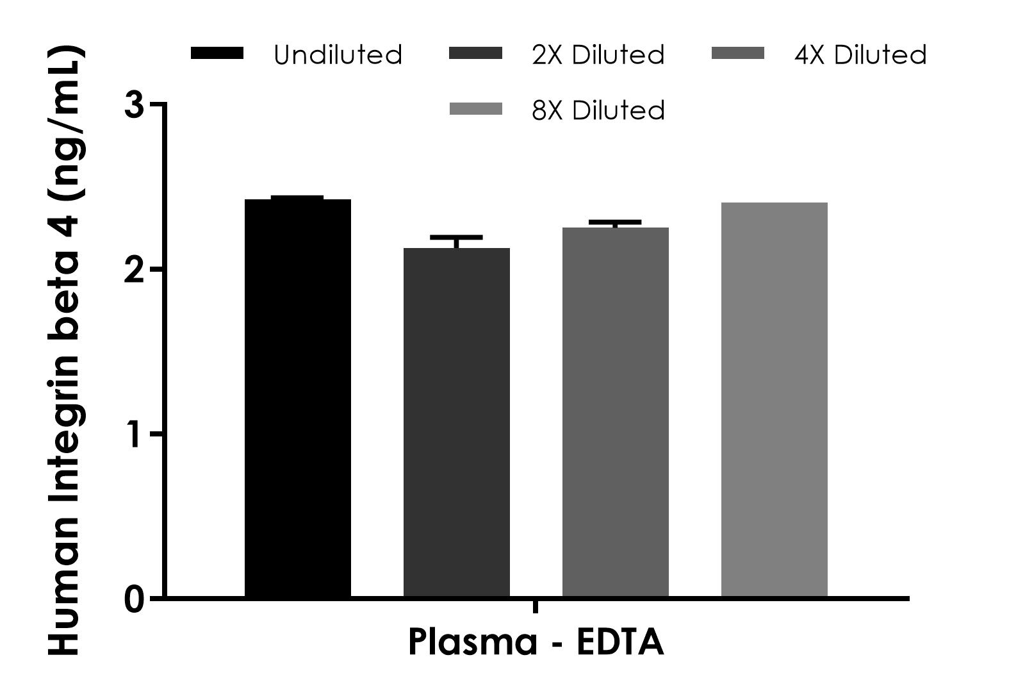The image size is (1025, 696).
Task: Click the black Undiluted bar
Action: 298,397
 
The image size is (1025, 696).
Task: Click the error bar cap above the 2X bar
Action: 456,237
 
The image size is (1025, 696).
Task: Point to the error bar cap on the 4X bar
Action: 615,222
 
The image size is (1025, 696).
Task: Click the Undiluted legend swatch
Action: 217,54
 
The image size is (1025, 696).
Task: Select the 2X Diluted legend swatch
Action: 476,54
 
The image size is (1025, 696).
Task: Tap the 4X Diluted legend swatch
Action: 738,54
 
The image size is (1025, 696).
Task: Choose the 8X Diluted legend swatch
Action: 476,110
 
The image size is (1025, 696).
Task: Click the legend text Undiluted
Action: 338,55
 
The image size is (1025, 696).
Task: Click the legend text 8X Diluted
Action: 598,111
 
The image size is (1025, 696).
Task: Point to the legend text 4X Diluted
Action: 860,55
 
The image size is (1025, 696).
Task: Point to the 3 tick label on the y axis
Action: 135,104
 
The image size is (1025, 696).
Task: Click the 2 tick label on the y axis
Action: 135,270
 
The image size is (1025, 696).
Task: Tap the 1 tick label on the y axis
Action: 135,435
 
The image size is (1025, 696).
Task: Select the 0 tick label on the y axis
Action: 135,600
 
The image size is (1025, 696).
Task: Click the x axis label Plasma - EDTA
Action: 536,642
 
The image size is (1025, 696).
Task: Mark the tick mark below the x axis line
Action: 535,606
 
